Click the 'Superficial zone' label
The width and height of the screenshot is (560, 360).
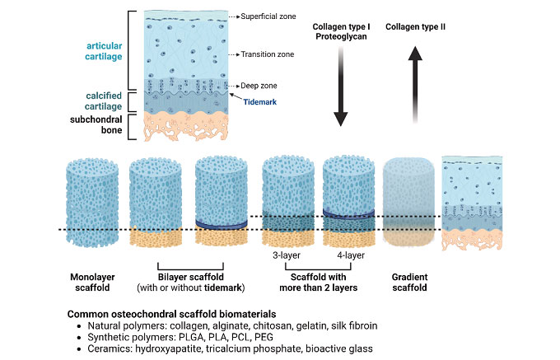pos(268,16)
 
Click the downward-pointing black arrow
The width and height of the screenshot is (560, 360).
pos(348,86)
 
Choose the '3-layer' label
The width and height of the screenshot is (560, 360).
pos(287,255)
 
